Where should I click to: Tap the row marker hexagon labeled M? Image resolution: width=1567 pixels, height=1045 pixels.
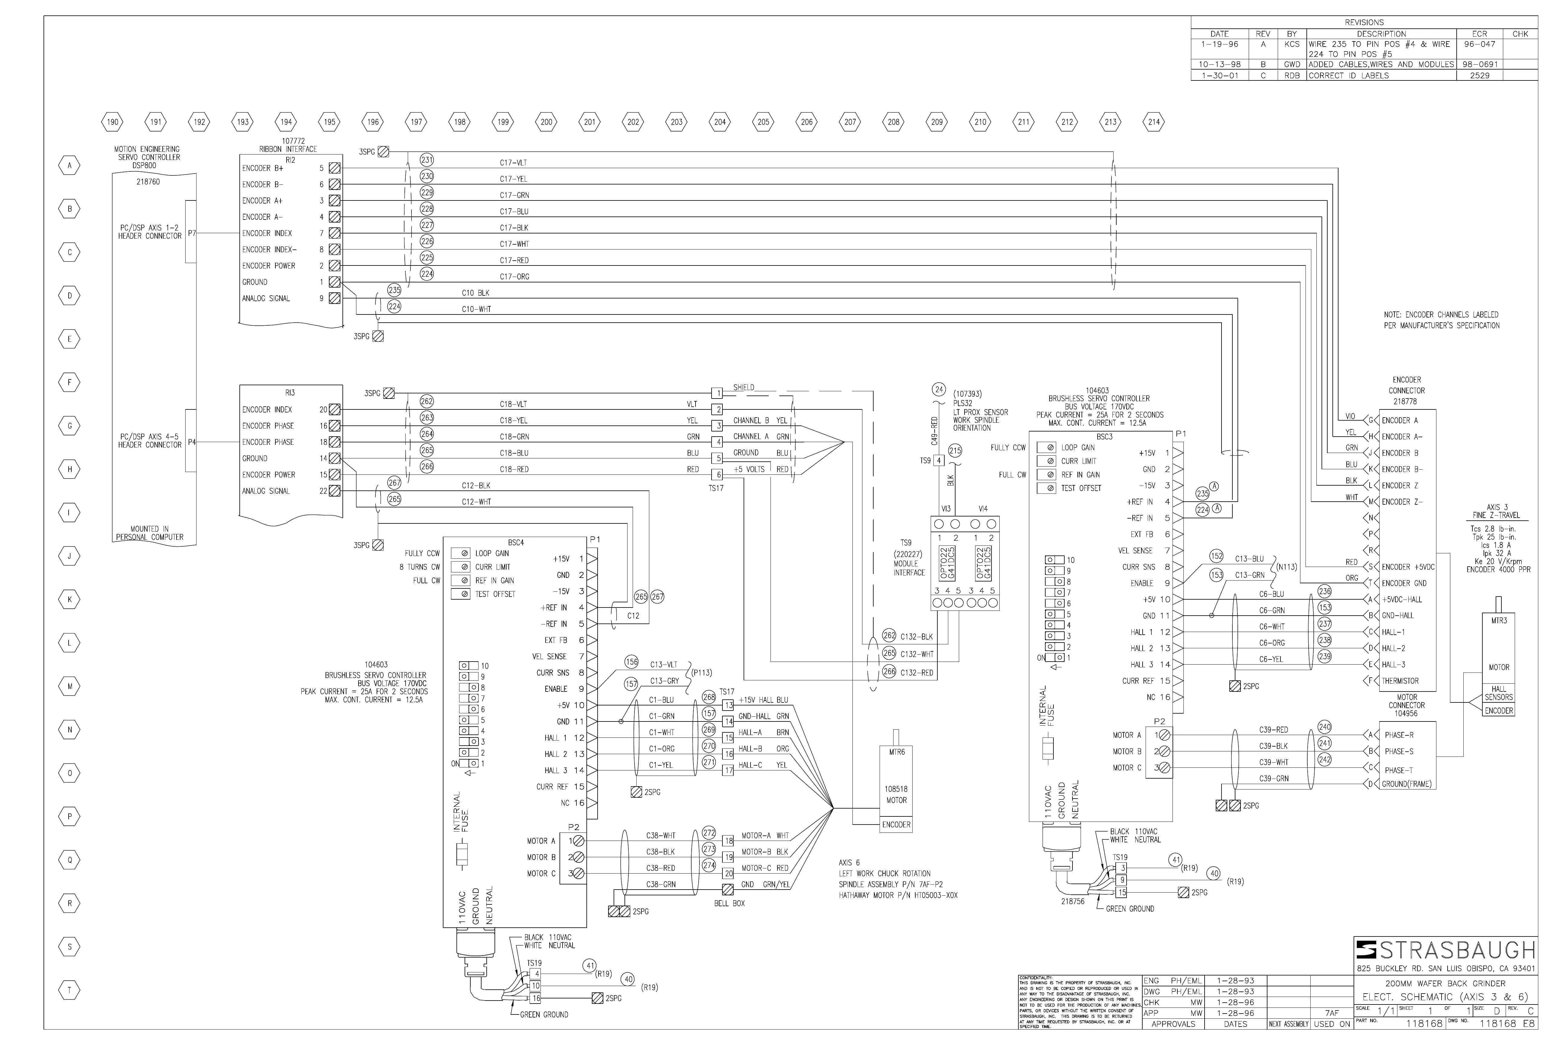69,686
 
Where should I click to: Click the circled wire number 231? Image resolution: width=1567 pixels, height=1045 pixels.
427,160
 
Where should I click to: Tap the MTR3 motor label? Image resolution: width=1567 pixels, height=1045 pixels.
1498,620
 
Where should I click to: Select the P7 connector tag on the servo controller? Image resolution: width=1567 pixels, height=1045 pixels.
192,233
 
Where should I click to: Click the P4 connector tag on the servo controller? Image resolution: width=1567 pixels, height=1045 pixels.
192,442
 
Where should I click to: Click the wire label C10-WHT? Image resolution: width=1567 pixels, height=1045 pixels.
476,309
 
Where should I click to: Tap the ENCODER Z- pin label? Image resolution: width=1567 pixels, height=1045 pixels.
1402,502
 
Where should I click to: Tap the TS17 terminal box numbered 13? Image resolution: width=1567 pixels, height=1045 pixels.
728,705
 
